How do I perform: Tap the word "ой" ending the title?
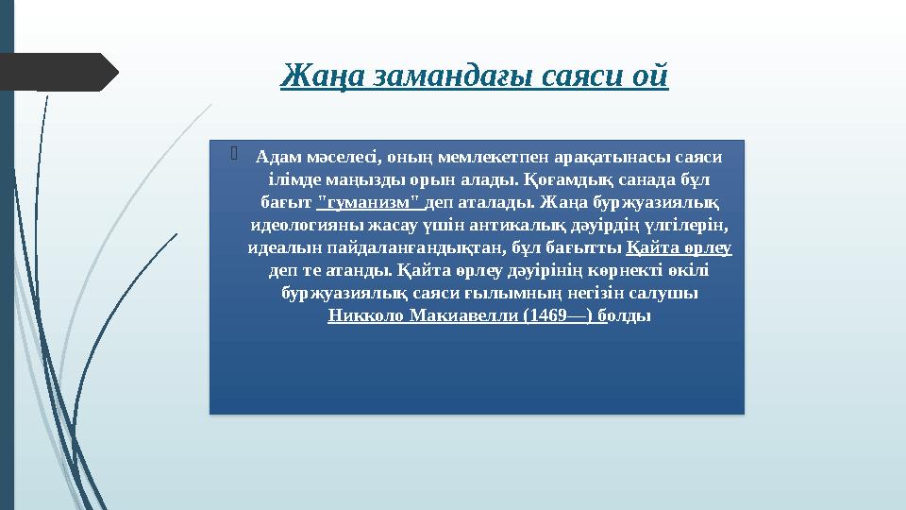[650, 74]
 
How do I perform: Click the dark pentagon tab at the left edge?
[57, 73]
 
